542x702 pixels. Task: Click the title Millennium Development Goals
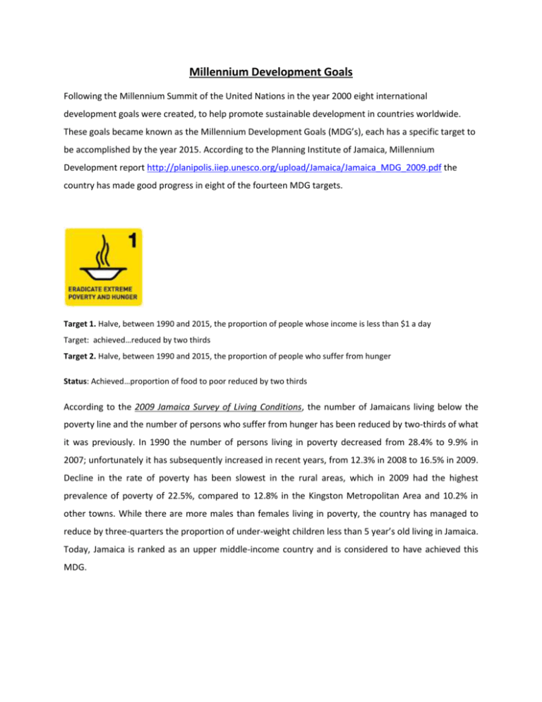coord(271,70)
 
